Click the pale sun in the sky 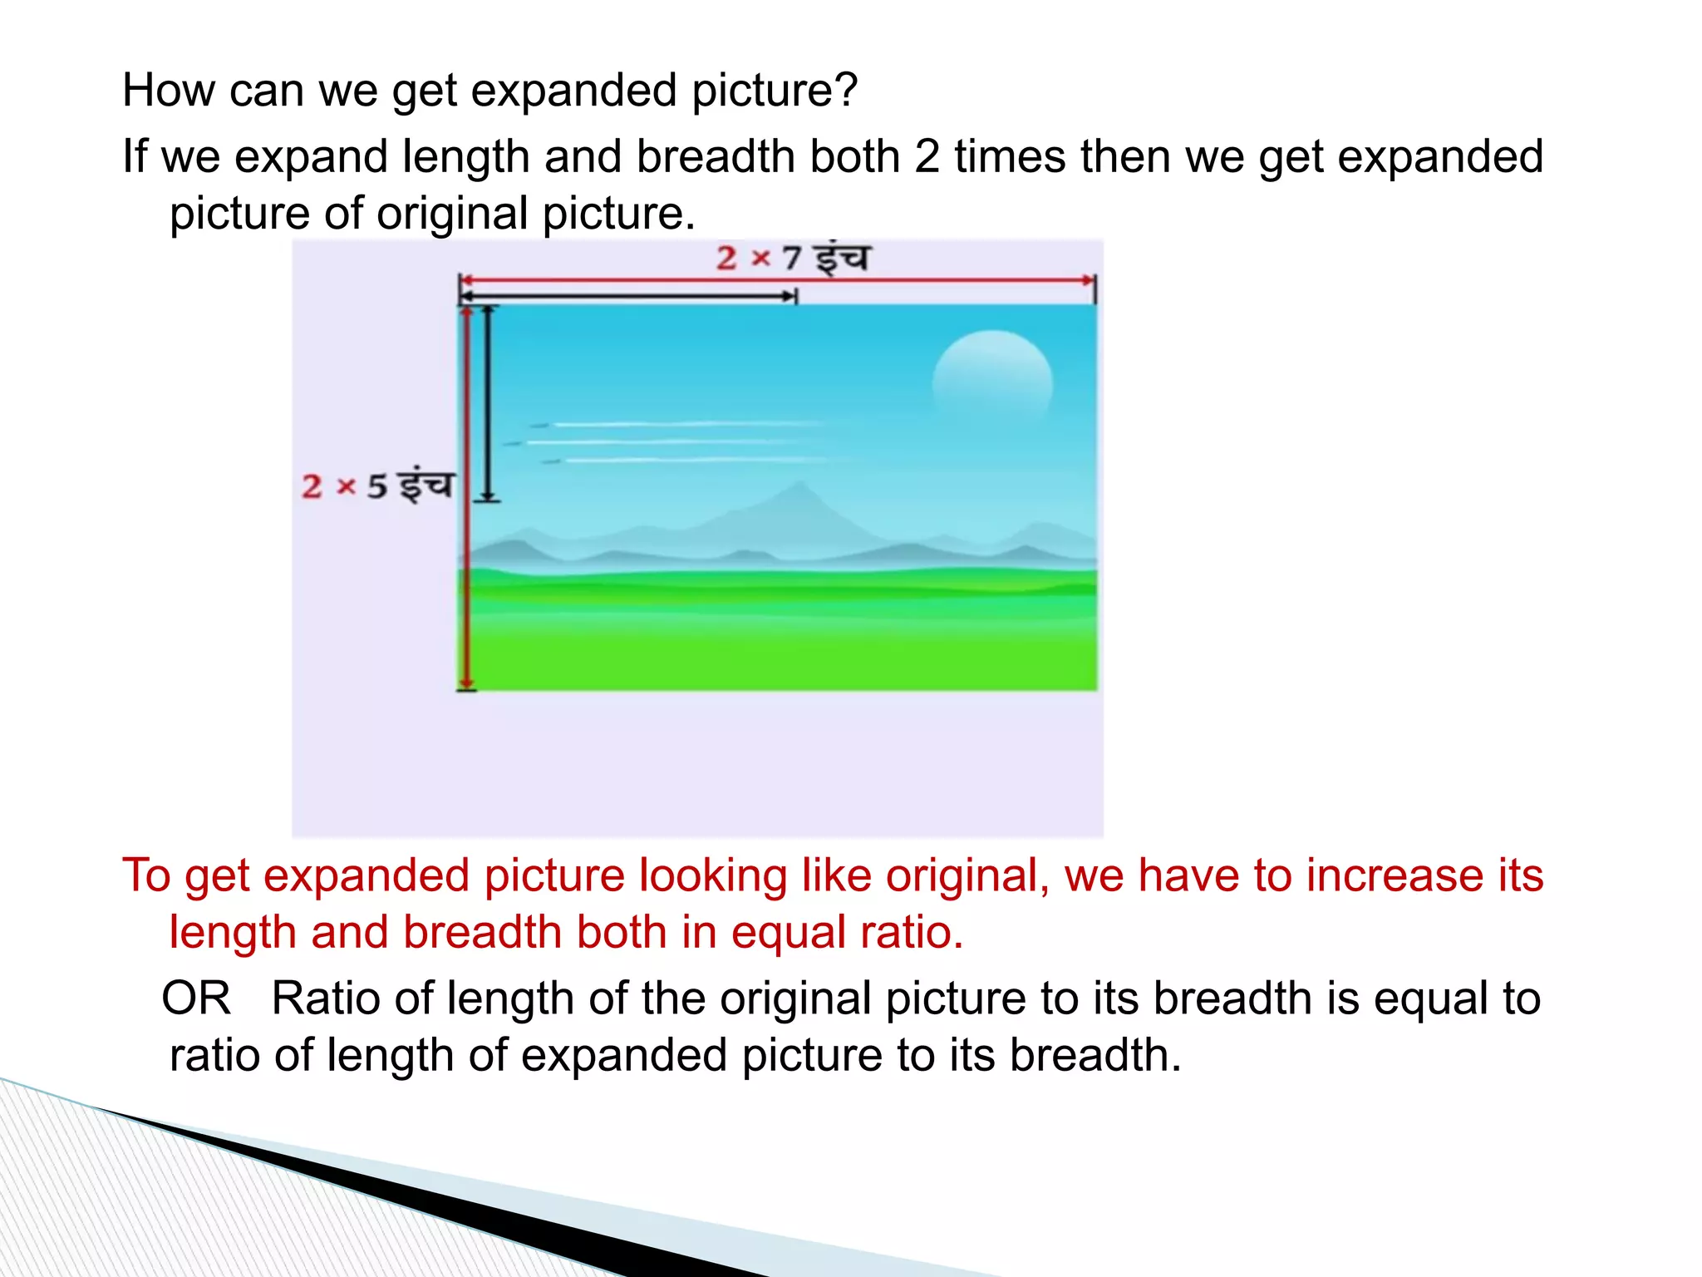[x=992, y=384]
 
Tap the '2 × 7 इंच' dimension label [x=792, y=258]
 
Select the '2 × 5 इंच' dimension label [x=378, y=486]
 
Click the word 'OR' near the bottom [x=196, y=998]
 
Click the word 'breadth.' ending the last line [x=1094, y=1054]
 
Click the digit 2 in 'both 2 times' [x=927, y=156]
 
